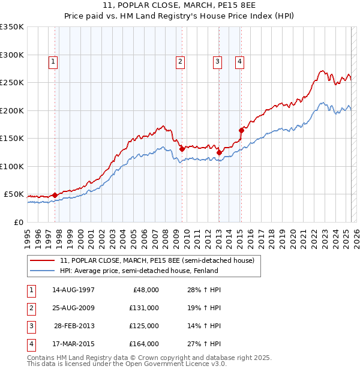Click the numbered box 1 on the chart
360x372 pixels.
[53, 61]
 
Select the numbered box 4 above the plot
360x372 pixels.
[239, 61]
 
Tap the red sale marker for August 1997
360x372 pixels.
[55, 195]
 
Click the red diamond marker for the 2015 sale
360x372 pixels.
[241, 130]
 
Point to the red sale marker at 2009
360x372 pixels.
[182, 149]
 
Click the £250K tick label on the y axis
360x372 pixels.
[12, 83]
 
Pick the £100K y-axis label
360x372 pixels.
[12, 167]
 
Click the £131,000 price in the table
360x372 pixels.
[145, 308]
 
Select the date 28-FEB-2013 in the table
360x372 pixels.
[74, 326]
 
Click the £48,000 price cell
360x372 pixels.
[146, 290]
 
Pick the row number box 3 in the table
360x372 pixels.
[31, 326]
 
